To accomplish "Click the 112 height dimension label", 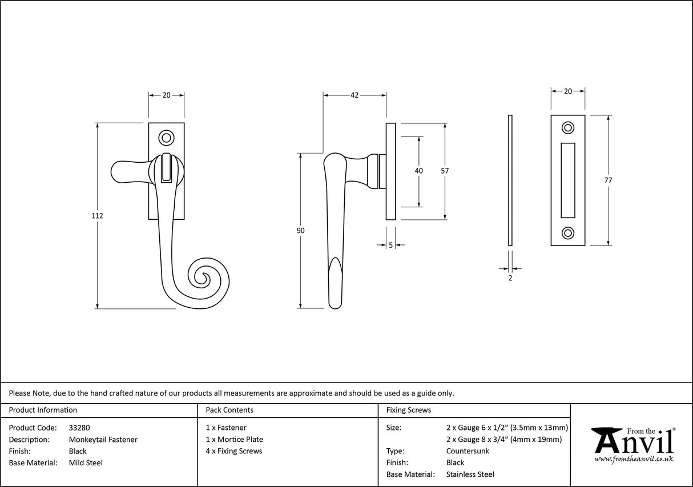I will tap(97, 216).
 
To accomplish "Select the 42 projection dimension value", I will tap(354, 95).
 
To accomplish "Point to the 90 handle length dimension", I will tap(301, 231).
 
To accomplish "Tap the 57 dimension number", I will tap(445, 171).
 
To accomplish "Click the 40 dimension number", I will tap(419, 171).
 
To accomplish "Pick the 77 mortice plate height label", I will tap(608, 180).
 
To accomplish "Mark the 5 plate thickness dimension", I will tap(390, 245).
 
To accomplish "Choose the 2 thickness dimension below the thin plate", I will tap(510, 278).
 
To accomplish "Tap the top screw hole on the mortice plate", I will tap(568, 127).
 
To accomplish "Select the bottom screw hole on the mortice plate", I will tap(568, 232).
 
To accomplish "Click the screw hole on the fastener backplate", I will tap(167, 137).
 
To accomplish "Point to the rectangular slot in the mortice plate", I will tap(568, 180).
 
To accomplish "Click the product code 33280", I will tap(79, 428).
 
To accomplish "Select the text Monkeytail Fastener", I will tap(103, 440).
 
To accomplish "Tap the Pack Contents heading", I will tap(229, 410).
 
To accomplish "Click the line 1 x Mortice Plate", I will tap(234, 440).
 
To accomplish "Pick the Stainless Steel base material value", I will tap(470, 474).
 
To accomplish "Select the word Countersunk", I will tap(468, 451).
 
